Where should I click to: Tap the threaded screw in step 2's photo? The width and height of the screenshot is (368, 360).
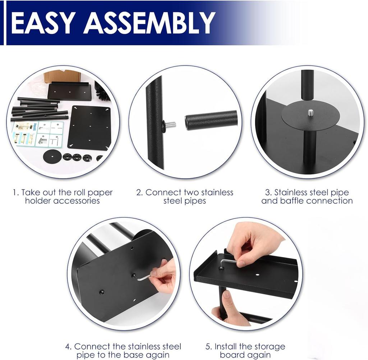[x=170, y=125]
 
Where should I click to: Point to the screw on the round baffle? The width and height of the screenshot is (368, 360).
[x=310, y=113]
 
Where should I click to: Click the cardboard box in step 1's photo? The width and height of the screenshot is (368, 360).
[x=61, y=76]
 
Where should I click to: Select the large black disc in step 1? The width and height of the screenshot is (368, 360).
[x=52, y=156]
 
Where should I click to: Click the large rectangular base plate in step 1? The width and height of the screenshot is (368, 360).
[x=90, y=128]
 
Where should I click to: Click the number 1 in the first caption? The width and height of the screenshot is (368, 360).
[x=15, y=193]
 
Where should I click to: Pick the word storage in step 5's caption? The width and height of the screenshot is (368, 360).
[x=268, y=347]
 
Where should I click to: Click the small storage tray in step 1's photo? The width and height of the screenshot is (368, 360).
[x=70, y=91]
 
